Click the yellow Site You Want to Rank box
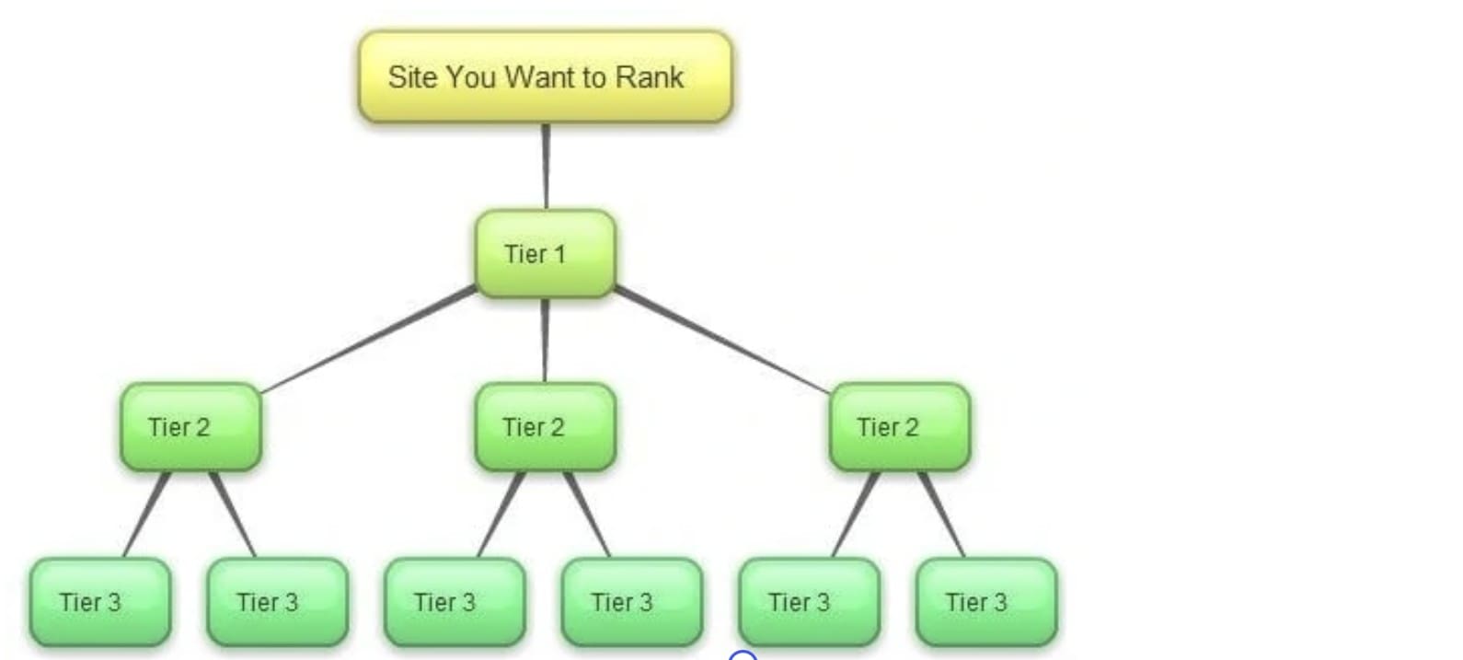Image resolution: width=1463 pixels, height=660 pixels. point(545,77)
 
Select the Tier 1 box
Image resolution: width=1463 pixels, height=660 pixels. point(545,254)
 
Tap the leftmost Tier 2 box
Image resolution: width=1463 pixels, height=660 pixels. point(190,427)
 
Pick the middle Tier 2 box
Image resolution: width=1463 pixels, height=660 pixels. point(545,427)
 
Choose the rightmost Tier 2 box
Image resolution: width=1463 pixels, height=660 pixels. point(899,427)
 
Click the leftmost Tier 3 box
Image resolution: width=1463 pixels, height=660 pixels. point(100,602)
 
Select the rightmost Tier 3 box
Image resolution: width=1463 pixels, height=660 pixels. point(986,602)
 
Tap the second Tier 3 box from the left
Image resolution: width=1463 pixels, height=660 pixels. point(278,602)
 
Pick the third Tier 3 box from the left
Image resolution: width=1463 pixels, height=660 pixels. point(455,602)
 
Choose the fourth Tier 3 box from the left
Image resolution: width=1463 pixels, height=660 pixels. point(632,602)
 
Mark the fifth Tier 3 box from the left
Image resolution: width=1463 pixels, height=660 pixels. point(809,602)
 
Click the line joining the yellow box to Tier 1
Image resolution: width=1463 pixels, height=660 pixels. point(546,167)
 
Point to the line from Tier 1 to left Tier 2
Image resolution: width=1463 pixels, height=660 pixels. point(368,340)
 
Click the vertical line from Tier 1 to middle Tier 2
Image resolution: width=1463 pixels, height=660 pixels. point(545,340)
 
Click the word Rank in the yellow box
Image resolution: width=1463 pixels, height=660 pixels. point(650,77)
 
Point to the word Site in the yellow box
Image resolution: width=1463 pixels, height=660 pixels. point(411,77)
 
